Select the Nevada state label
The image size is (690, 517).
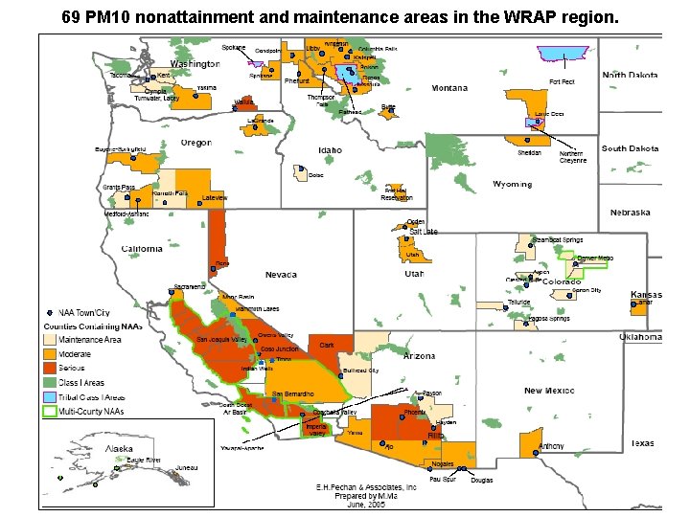(281, 275)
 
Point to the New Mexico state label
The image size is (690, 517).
(550, 391)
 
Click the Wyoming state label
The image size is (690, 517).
(512, 184)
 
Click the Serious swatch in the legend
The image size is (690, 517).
(49, 368)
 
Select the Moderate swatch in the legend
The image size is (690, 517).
(49, 353)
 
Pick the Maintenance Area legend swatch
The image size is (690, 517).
(49, 340)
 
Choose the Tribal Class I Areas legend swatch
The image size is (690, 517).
(49, 396)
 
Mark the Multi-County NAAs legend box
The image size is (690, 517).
(49, 411)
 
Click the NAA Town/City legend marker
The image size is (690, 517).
(50, 312)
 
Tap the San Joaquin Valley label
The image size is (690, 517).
(221, 340)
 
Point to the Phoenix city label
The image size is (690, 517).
(415, 413)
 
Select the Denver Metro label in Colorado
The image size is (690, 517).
(595, 258)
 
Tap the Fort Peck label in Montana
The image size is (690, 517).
(562, 82)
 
